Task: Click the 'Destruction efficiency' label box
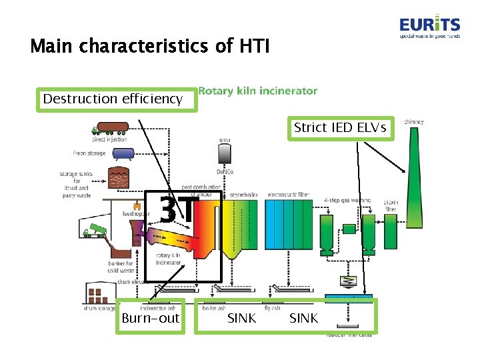tap(113, 99)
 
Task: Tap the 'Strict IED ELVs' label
tap(340, 127)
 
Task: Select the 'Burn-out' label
tap(151, 318)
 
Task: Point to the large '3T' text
tap(179, 211)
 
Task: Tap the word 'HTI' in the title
tap(253, 46)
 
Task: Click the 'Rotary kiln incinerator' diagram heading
tap(258, 91)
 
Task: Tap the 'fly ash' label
tap(271, 307)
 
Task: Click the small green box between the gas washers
tap(349, 229)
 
